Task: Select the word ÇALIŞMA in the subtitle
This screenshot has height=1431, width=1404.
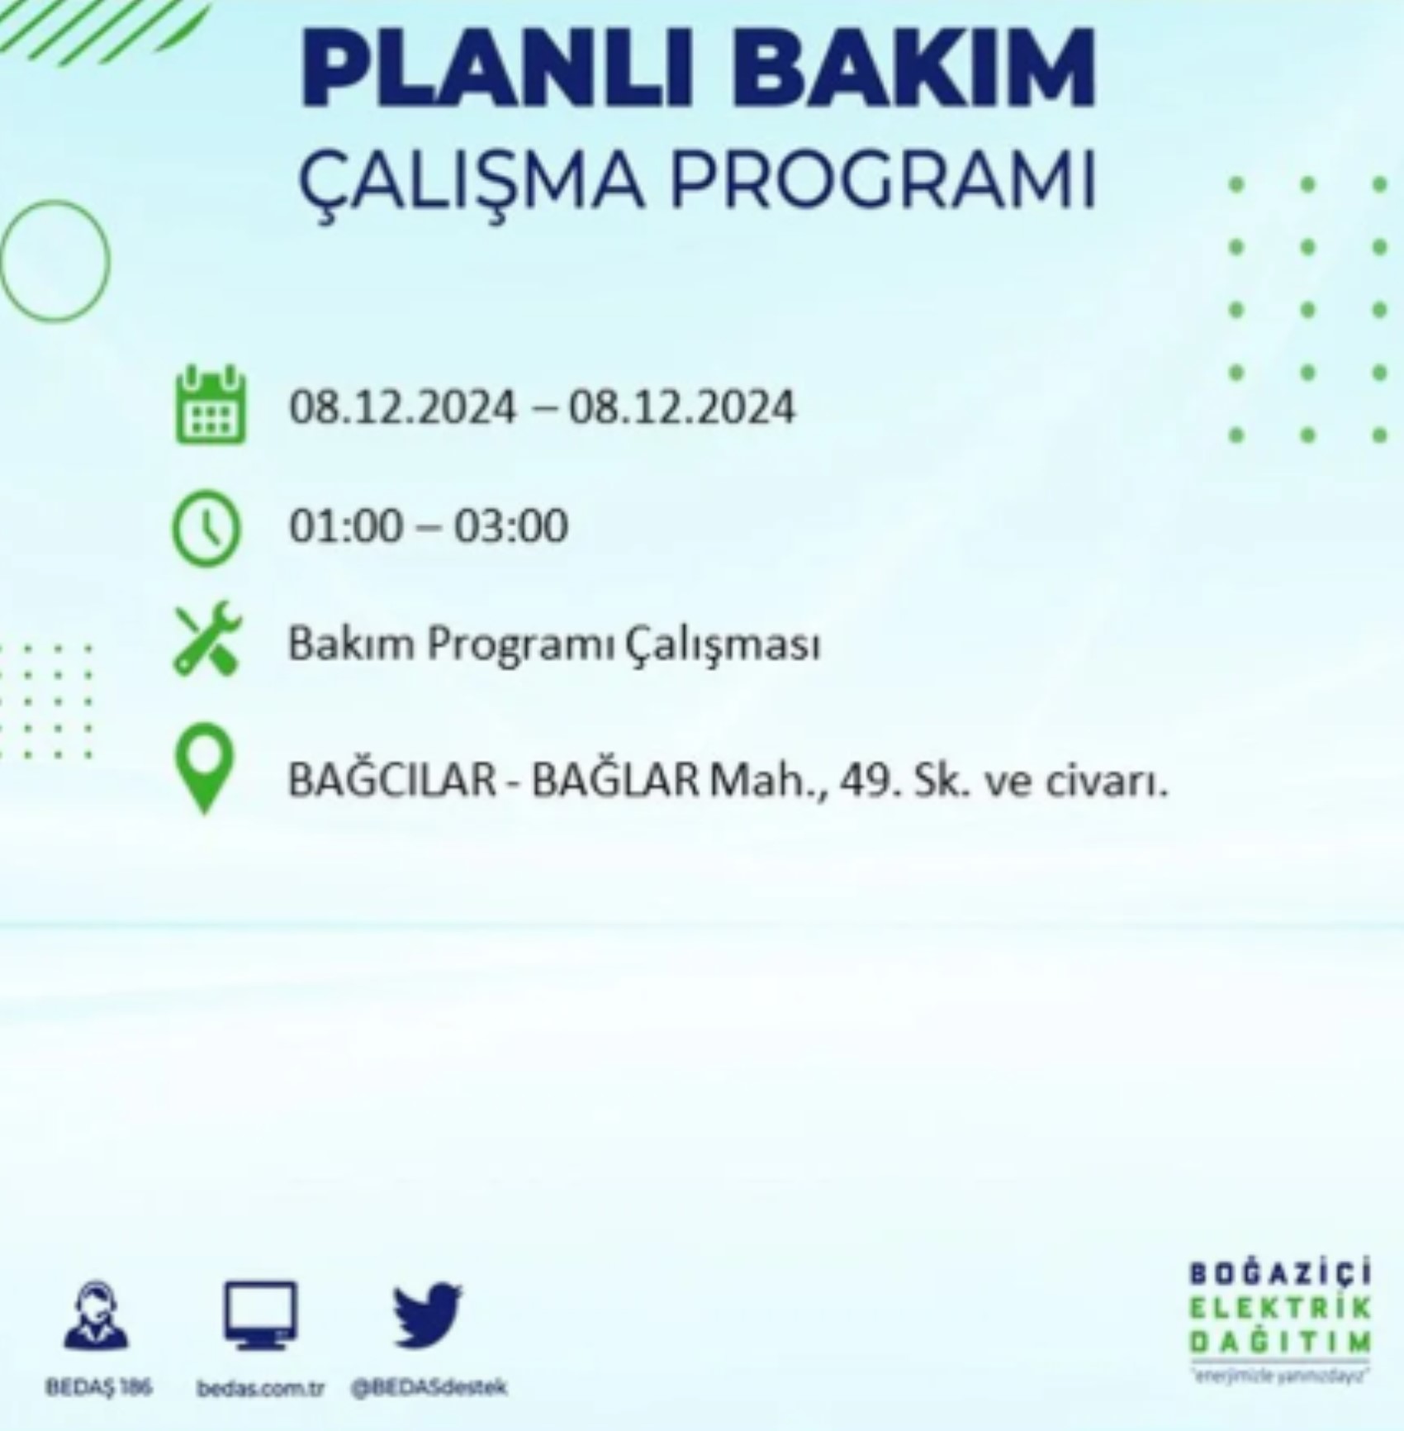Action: point(471,179)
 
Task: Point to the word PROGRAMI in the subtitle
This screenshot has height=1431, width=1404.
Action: point(883,179)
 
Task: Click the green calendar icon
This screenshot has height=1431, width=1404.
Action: point(210,406)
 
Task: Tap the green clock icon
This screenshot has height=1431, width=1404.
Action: point(206,527)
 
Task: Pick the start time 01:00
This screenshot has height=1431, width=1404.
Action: point(344,525)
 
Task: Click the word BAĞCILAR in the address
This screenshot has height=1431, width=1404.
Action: point(391,780)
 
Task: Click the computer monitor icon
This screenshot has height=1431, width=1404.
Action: point(260,1315)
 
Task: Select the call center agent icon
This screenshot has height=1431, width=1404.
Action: point(97,1315)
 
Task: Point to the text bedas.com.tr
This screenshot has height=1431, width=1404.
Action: point(261,1387)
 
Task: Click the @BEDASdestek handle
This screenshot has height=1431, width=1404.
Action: point(429,1387)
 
